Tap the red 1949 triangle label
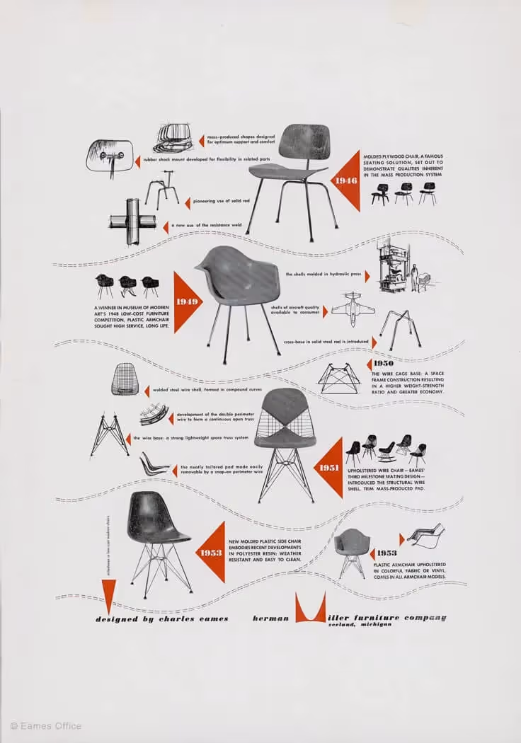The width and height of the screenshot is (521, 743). (x=186, y=302)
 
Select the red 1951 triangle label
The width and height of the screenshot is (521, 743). (x=330, y=468)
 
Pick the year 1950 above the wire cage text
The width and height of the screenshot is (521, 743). (x=384, y=364)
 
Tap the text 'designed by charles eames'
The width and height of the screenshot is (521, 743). (x=162, y=618)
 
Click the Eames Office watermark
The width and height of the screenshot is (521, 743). (x=46, y=725)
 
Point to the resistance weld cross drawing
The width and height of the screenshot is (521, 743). (x=132, y=221)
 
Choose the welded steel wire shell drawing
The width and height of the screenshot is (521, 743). (x=125, y=379)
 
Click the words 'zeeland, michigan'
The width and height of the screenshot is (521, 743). (x=359, y=625)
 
